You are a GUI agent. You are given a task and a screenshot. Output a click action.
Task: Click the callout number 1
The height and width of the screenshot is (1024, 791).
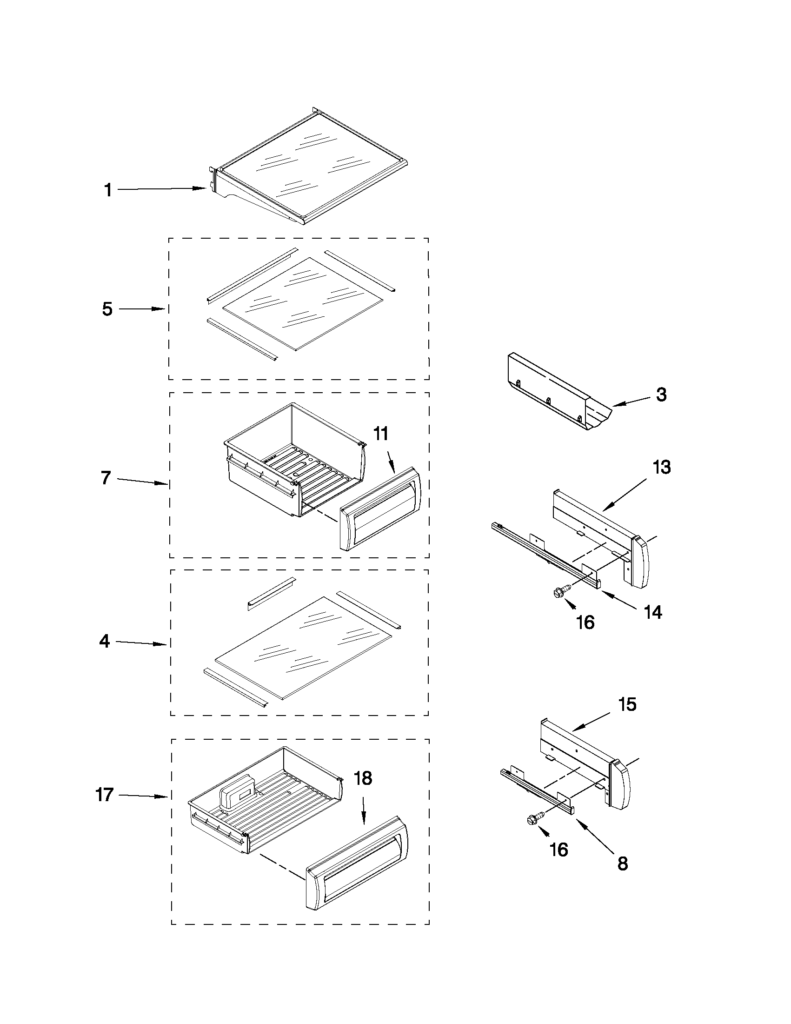[x=108, y=190]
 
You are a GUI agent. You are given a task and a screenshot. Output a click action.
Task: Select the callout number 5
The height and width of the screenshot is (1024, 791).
[x=107, y=309]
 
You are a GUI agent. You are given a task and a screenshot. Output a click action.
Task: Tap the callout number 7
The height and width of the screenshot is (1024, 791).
[x=106, y=478]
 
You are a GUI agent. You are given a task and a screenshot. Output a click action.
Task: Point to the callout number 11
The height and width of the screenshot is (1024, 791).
[x=380, y=434]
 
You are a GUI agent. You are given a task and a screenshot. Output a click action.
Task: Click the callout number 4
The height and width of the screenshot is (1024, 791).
[x=105, y=641]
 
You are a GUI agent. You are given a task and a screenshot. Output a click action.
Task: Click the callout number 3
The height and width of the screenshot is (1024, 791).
[x=661, y=395]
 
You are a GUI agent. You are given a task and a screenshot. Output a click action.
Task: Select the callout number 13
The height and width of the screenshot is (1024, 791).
[x=662, y=467]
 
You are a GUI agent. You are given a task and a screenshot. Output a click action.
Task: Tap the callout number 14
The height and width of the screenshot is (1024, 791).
[x=653, y=612]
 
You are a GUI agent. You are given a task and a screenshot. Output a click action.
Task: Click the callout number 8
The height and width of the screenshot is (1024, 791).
[x=622, y=863]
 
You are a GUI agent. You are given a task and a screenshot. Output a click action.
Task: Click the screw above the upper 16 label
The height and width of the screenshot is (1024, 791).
[x=560, y=592]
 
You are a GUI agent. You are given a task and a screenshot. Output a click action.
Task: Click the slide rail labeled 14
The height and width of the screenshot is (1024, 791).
[x=544, y=553]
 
